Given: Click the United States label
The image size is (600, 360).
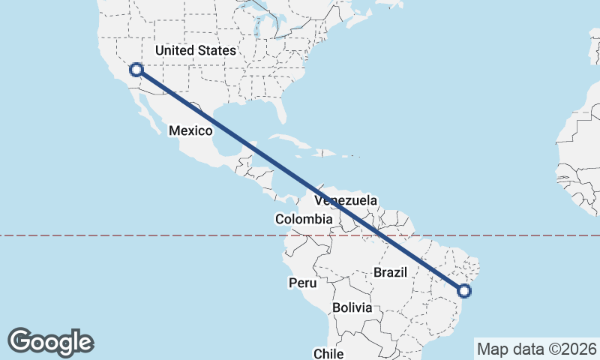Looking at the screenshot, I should pyautogui.click(x=195, y=50).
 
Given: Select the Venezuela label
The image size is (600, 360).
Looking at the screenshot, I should pyautogui.click(x=346, y=201).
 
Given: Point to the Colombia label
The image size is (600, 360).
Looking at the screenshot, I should pyautogui.click(x=303, y=219).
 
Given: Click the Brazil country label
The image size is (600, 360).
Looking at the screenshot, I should pyautogui.click(x=390, y=272).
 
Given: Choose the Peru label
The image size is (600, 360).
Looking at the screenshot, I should pyautogui.click(x=303, y=283).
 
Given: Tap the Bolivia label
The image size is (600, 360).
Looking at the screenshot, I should pyautogui.click(x=352, y=307).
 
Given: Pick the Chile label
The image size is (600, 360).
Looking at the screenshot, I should pyautogui.click(x=328, y=353).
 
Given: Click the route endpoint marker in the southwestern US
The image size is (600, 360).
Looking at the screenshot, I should pyautogui.click(x=136, y=70).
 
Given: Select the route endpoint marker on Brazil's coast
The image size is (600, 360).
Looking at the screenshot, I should pyautogui.click(x=464, y=290).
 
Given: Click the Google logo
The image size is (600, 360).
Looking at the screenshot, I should pyautogui.click(x=50, y=342).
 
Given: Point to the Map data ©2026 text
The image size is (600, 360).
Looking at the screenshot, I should pyautogui.click(x=537, y=349).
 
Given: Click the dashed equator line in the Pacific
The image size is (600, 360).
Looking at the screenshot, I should pyautogui.click(x=112, y=235).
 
